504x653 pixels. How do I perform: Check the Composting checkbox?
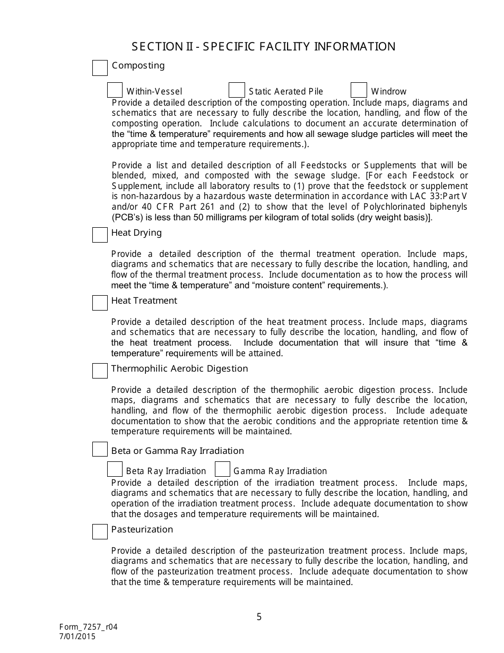tap(100, 68)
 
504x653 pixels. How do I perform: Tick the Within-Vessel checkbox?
tap(115, 90)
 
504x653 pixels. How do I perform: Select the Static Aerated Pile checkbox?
tap(237, 90)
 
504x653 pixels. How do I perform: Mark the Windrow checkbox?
tap(359, 90)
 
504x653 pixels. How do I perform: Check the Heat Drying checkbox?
tap(100, 235)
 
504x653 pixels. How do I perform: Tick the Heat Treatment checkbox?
tap(100, 303)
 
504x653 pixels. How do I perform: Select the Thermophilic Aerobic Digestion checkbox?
tap(100, 371)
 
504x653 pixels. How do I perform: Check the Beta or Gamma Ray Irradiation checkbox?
tap(100, 449)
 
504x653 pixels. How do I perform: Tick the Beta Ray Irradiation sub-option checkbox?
tap(115, 469)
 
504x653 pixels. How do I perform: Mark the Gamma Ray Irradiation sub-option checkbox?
tap(223, 469)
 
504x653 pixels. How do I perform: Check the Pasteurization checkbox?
tap(100, 531)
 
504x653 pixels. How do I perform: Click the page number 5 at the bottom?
tap(259, 617)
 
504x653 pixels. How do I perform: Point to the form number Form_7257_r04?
tap(89, 626)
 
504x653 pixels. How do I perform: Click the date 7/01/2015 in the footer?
tap(78, 636)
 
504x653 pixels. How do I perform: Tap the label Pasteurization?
tap(142, 529)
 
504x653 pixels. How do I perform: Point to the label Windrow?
tap(388, 91)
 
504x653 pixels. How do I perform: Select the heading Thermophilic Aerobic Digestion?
tap(179, 368)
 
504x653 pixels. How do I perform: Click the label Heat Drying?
tap(136, 233)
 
